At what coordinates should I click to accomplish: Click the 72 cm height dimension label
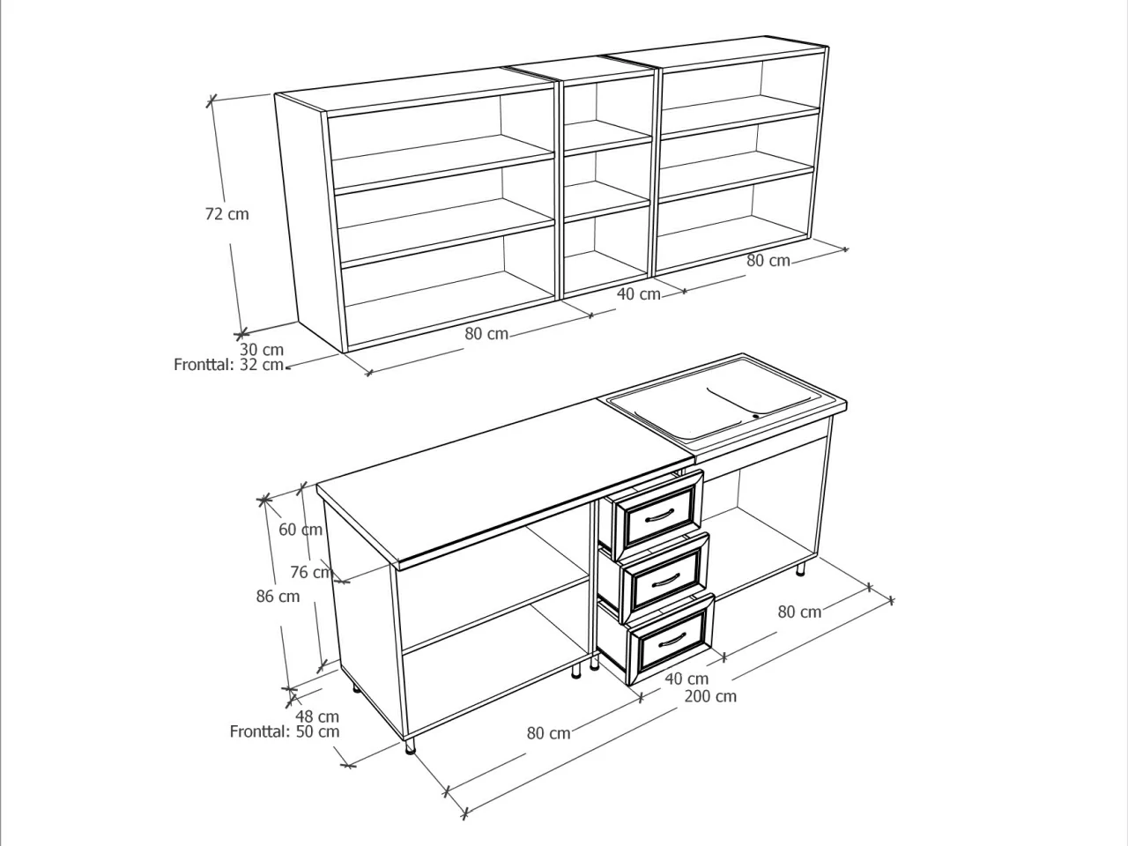[x=226, y=213]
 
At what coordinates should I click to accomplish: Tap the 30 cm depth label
[x=262, y=349]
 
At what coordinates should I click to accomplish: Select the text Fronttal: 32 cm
[x=228, y=365]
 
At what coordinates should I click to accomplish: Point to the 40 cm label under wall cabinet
[x=638, y=293]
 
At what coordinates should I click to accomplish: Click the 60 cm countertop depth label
[x=301, y=529]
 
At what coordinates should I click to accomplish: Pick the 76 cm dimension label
[x=311, y=572]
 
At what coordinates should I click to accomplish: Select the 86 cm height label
[x=278, y=596]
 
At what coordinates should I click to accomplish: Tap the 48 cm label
[x=317, y=716]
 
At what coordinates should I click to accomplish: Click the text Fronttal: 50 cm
[x=285, y=731]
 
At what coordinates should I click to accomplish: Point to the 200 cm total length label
[x=710, y=696]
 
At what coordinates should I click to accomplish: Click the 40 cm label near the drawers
[x=686, y=679]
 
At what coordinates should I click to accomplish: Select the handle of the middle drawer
[x=666, y=580]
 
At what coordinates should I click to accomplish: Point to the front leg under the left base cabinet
[x=410, y=747]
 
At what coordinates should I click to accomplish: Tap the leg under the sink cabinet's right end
[x=801, y=570]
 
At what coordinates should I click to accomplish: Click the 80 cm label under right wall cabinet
[x=768, y=261]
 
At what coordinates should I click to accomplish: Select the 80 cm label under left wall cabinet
[x=486, y=334]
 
